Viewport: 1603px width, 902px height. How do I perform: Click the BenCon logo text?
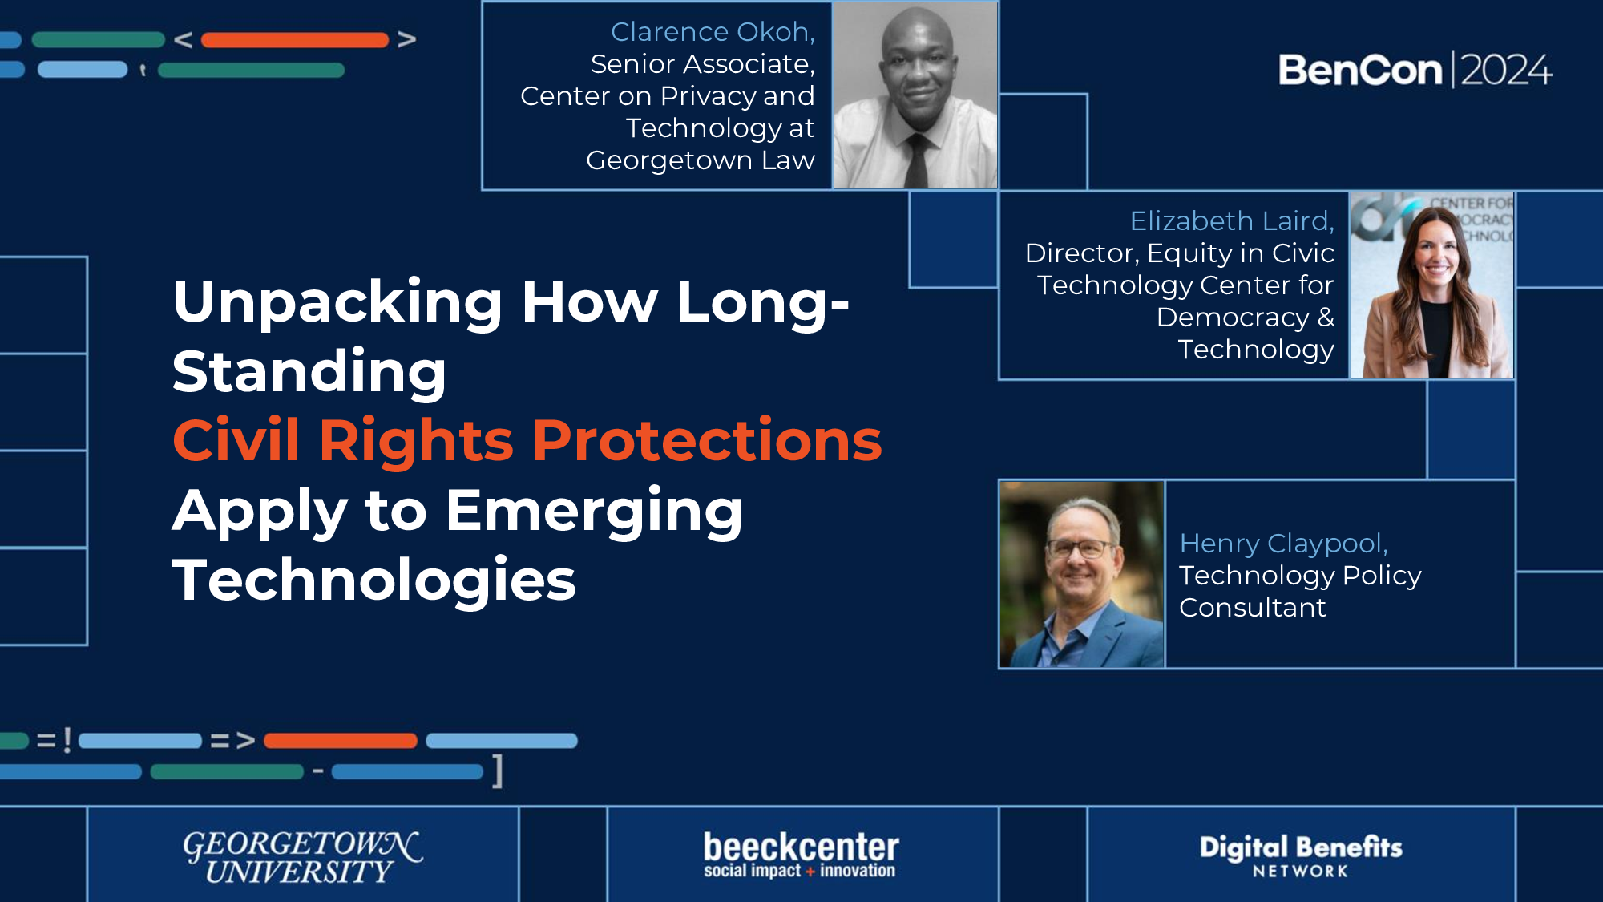[x=1360, y=71]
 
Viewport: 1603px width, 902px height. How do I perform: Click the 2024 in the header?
[x=1506, y=71]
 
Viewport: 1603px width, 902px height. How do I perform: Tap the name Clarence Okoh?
[x=712, y=32]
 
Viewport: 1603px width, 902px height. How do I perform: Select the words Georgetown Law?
[x=700, y=160]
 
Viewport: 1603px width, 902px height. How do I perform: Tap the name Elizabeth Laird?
[x=1231, y=220]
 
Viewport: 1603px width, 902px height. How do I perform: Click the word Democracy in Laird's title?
[x=1233, y=318]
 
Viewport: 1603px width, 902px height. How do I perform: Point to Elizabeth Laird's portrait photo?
[x=1432, y=285]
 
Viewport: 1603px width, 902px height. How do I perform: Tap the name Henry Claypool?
[x=1282, y=544]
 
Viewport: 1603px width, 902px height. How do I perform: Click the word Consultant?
[x=1252, y=608]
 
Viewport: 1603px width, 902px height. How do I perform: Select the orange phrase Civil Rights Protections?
[x=527, y=441]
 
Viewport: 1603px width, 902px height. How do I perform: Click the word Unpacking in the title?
[x=337, y=302]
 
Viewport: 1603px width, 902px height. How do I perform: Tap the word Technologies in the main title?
[x=373, y=580]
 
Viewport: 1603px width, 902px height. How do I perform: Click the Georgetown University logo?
[x=301, y=856]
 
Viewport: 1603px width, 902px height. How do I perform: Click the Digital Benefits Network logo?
[x=1300, y=855]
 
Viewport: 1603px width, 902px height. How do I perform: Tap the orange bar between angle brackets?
[x=294, y=40]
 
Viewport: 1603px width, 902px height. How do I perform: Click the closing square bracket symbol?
[x=498, y=771]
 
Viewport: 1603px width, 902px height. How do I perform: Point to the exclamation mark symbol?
[x=67, y=740]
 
